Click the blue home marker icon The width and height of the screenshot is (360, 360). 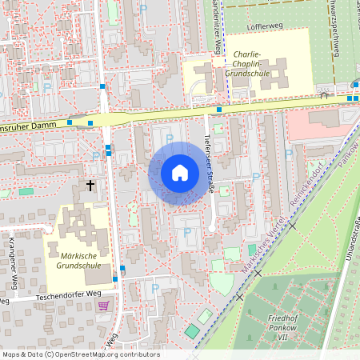179,172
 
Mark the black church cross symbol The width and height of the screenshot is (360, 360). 90,185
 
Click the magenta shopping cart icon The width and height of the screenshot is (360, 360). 102,306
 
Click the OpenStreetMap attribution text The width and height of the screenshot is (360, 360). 80,354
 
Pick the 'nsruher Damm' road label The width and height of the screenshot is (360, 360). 26,127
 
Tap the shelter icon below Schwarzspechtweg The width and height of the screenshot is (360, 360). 324,95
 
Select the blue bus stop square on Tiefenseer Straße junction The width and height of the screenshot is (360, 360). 218,109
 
